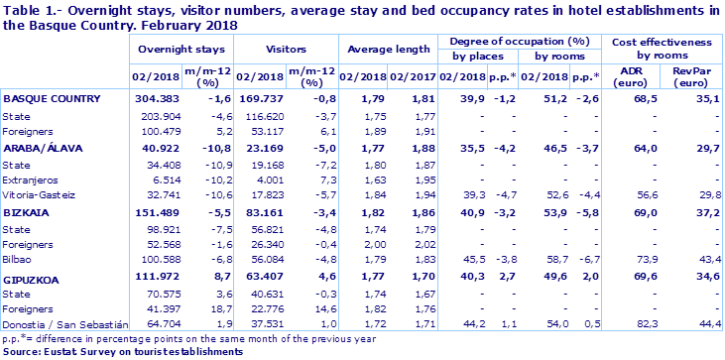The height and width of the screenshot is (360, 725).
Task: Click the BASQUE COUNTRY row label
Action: [51, 99]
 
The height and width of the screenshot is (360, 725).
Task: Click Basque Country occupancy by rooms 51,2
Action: [536, 99]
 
